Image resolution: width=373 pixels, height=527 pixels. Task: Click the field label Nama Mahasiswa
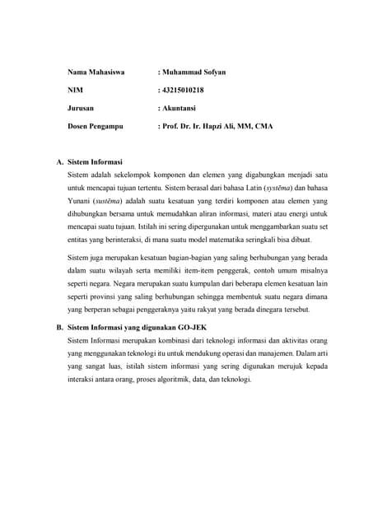click(96, 72)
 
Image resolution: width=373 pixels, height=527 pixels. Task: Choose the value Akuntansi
click(180, 109)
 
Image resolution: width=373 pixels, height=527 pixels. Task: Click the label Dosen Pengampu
click(96, 127)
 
